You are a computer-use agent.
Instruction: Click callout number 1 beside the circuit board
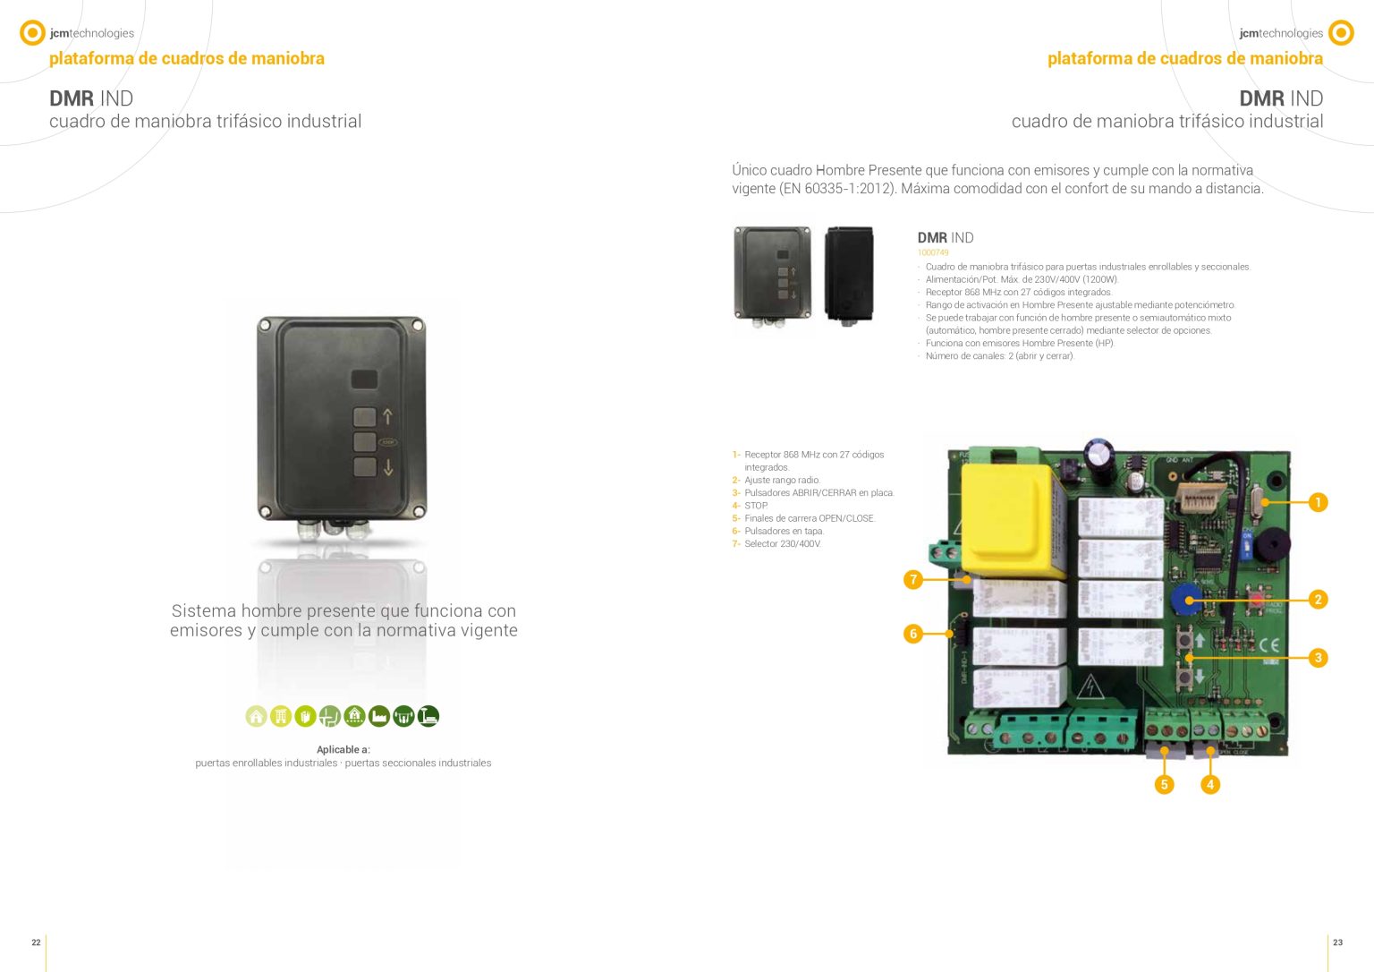pyautogui.click(x=1318, y=503)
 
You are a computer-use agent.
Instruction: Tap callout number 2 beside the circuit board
pyautogui.click(x=1318, y=600)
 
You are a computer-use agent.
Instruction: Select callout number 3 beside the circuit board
pyautogui.click(x=1318, y=658)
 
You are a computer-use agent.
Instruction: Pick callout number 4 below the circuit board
pyautogui.click(x=1210, y=784)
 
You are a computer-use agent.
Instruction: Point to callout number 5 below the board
pyautogui.click(x=1164, y=784)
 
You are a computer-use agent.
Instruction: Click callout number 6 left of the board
pyautogui.click(x=913, y=634)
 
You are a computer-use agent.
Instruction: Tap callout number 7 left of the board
pyautogui.click(x=913, y=579)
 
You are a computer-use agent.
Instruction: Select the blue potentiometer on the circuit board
pyautogui.click(x=1185, y=598)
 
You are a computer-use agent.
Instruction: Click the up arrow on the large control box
pyautogui.click(x=387, y=417)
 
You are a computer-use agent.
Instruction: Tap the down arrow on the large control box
pyautogui.click(x=388, y=468)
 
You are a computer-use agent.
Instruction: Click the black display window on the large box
pyautogui.click(x=364, y=379)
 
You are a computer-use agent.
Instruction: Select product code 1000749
pyautogui.click(x=933, y=252)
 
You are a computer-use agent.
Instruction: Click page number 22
pyautogui.click(x=36, y=942)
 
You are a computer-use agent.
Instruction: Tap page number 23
pyautogui.click(x=1338, y=942)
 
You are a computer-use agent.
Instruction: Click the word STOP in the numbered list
pyautogui.click(x=756, y=506)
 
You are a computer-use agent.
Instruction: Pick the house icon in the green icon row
pyautogui.click(x=257, y=716)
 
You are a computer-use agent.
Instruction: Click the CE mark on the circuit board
pyautogui.click(x=1269, y=645)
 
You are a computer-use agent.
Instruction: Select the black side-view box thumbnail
pyautogui.click(x=849, y=274)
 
